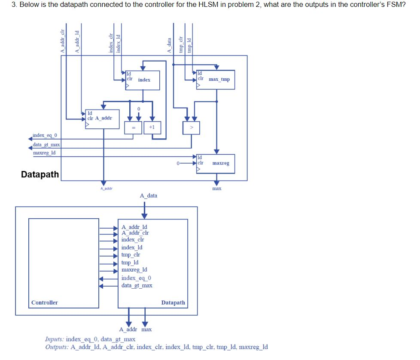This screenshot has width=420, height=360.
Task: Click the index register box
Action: tap(143, 80)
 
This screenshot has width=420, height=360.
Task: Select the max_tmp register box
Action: tap(215, 79)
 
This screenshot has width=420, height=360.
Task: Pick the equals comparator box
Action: tap(133, 128)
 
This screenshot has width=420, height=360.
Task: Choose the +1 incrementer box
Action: tap(152, 128)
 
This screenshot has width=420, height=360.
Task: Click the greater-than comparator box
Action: tap(191, 128)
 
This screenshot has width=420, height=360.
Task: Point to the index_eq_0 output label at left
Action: tap(45, 136)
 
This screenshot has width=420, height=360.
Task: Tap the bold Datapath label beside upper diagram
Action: tap(40, 174)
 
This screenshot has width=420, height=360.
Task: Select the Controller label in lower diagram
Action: tap(45, 303)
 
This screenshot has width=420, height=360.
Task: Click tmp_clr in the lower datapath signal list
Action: tap(131, 255)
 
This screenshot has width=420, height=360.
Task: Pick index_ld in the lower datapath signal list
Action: tap(132, 247)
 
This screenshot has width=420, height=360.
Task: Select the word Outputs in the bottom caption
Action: tap(57, 347)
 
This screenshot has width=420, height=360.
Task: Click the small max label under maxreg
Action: tap(217, 188)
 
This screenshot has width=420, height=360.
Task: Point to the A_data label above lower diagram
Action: tap(149, 196)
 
